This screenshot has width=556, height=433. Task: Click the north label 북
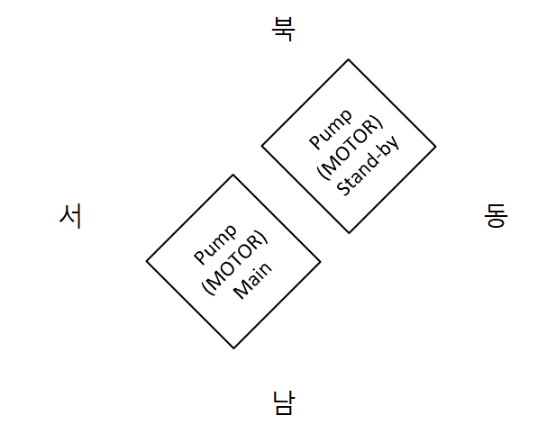click(x=283, y=29)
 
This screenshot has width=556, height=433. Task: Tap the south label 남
click(x=283, y=401)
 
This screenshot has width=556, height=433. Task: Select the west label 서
click(x=70, y=216)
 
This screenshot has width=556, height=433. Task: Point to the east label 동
click(x=496, y=215)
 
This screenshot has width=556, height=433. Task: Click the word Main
click(x=253, y=280)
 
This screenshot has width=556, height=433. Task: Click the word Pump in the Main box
click(x=214, y=243)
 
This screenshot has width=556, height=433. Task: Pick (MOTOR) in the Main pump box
click(x=234, y=261)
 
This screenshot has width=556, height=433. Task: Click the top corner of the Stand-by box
click(x=349, y=59)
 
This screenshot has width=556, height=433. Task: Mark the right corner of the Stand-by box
click(x=435, y=146)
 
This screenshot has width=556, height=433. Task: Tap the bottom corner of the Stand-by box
click(x=349, y=233)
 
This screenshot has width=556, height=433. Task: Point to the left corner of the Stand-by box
click(x=262, y=146)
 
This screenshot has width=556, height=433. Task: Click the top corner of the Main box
click(x=233, y=175)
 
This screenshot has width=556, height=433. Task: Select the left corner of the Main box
click(x=147, y=261)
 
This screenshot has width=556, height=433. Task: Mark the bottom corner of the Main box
click(x=233, y=348)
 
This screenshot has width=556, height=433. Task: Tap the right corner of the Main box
click(x=320, y=261)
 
